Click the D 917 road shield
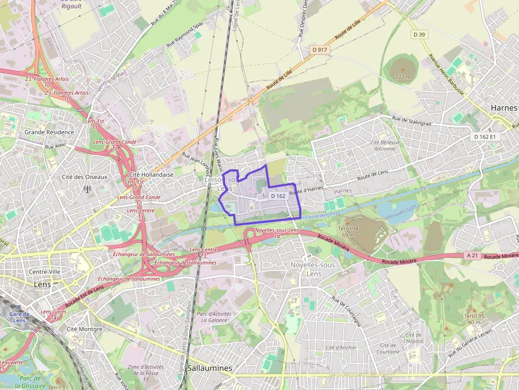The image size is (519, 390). [320, 49]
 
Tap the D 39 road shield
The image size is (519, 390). [419, 34]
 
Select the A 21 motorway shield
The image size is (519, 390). [473, 255]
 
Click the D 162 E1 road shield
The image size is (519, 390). [485, 137]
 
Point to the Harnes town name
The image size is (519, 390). [504, 107]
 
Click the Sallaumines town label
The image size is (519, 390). [210, 368]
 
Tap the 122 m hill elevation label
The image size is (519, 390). [403, 77]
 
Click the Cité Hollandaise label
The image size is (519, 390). [151, 175]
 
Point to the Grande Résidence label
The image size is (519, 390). [49, 132]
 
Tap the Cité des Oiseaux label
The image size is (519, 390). [84, 177]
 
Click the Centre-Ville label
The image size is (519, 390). [47, 271]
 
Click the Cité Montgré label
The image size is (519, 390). [84, 329]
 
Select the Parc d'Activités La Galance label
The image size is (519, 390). [214, 316]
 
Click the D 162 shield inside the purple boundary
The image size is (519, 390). [278, 196]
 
